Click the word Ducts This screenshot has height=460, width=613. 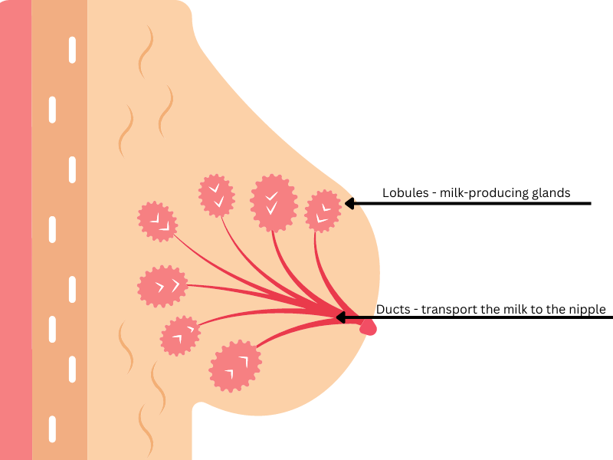pos(392,310)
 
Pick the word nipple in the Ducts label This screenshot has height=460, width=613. pos(588,310)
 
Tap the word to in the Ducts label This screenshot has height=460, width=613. pos(549,310)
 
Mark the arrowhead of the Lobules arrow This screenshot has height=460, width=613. pos(349,203)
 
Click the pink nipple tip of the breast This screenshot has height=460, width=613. pos(369,327)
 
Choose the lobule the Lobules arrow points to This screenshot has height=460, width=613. pos(323,212)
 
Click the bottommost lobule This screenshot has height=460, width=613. pos(234,366)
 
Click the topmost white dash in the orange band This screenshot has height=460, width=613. pos(73,49)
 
